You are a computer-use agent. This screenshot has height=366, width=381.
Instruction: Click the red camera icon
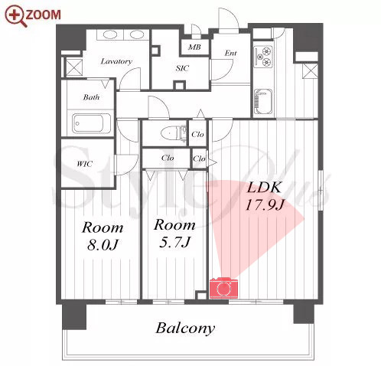coord(223,288)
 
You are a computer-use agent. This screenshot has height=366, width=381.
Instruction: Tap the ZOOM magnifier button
coord(33,15)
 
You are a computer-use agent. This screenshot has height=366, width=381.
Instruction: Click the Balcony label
coord(185,328)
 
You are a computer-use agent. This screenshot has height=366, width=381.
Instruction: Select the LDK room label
coord(264,188)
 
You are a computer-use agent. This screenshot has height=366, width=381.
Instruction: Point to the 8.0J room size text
coord(102,245)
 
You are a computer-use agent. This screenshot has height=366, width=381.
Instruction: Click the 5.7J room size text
coord(174,242)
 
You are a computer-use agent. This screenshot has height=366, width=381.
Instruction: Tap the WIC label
coord(85,164)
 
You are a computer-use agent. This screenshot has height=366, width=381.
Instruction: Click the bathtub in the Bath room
coord(91,123)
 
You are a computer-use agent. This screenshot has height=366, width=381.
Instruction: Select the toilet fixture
coord(173,133)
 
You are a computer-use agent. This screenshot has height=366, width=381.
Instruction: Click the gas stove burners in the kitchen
coord(263,57)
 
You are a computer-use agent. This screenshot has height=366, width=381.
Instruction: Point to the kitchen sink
coord(262,101)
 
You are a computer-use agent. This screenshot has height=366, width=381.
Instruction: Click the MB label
coord(194,47)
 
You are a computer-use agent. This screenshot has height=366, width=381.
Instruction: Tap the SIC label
coord(182,68)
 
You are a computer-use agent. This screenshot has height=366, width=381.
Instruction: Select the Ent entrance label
coord(230,53)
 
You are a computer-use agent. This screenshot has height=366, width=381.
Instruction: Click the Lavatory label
coord(116,61)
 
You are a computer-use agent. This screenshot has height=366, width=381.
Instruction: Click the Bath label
coord(91,97)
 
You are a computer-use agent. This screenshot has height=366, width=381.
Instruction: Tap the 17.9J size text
coord(264,204)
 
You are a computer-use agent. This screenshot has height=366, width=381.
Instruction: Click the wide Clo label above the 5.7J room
coord(168,158)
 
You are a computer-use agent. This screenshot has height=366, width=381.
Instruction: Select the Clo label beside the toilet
coord(197,134)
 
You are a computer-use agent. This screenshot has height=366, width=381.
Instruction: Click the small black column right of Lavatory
coord(155,50)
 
